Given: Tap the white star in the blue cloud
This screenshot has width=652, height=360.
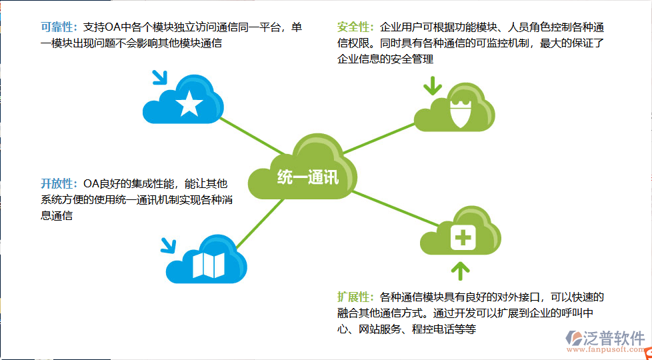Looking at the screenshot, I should (189, 103).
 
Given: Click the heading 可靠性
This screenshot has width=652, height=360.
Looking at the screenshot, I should (59, 28).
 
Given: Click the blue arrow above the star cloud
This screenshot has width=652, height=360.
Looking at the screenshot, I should (160, 77).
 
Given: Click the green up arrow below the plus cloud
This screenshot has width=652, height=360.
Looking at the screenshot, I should (460, 270).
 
